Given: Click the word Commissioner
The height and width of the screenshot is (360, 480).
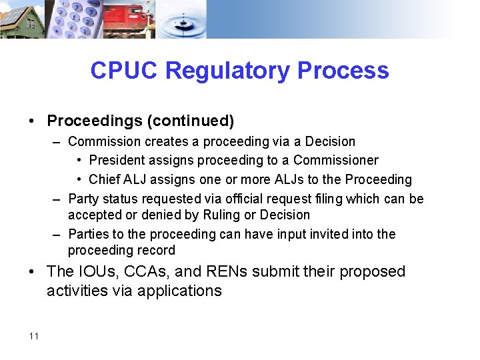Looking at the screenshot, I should click(335, 160).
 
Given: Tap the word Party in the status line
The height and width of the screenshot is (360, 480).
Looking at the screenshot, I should click(83, 199).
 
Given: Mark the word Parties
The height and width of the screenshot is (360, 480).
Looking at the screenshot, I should click(88, 234).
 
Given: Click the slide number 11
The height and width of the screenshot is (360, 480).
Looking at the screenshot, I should click(34, 336).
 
